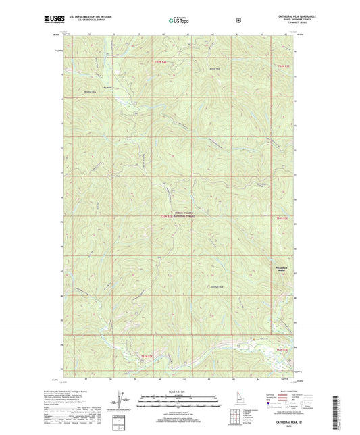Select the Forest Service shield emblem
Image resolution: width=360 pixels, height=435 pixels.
point(238,20)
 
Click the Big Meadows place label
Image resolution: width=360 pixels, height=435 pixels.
point(111,86)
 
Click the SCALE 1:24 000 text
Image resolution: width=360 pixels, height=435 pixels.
point(179,392)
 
